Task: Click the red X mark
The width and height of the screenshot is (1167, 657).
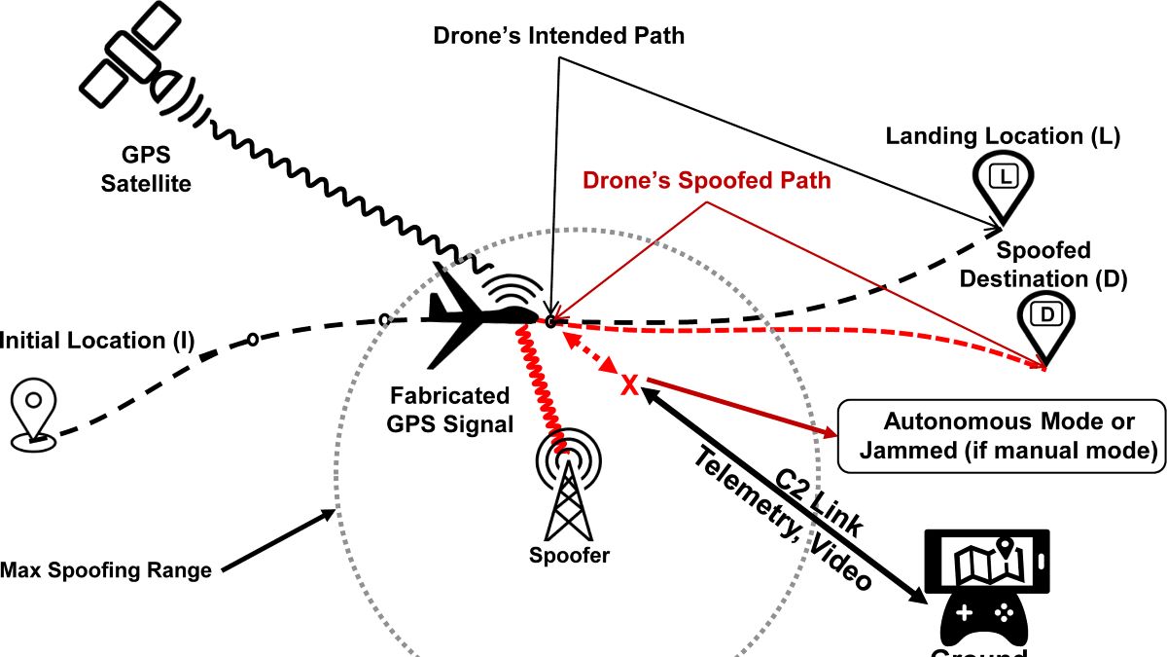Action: click(x=629, y=386)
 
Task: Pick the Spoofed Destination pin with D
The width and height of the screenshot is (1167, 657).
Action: click(x=1046, y=321)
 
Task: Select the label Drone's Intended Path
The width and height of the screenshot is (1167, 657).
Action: click(x=559, y=37)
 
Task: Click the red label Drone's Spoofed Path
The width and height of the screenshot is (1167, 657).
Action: click(x=707, y=181)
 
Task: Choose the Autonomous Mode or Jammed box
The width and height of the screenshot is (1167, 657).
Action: click(x=1000, y=436)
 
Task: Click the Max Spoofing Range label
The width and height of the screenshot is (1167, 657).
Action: click(x=107, y=570)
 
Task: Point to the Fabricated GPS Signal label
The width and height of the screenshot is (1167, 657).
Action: click(x=449, y=410)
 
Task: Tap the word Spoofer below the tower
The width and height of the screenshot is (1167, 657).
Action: click(x=570, y=556)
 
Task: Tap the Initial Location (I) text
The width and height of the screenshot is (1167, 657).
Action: click(x=97, y=341)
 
